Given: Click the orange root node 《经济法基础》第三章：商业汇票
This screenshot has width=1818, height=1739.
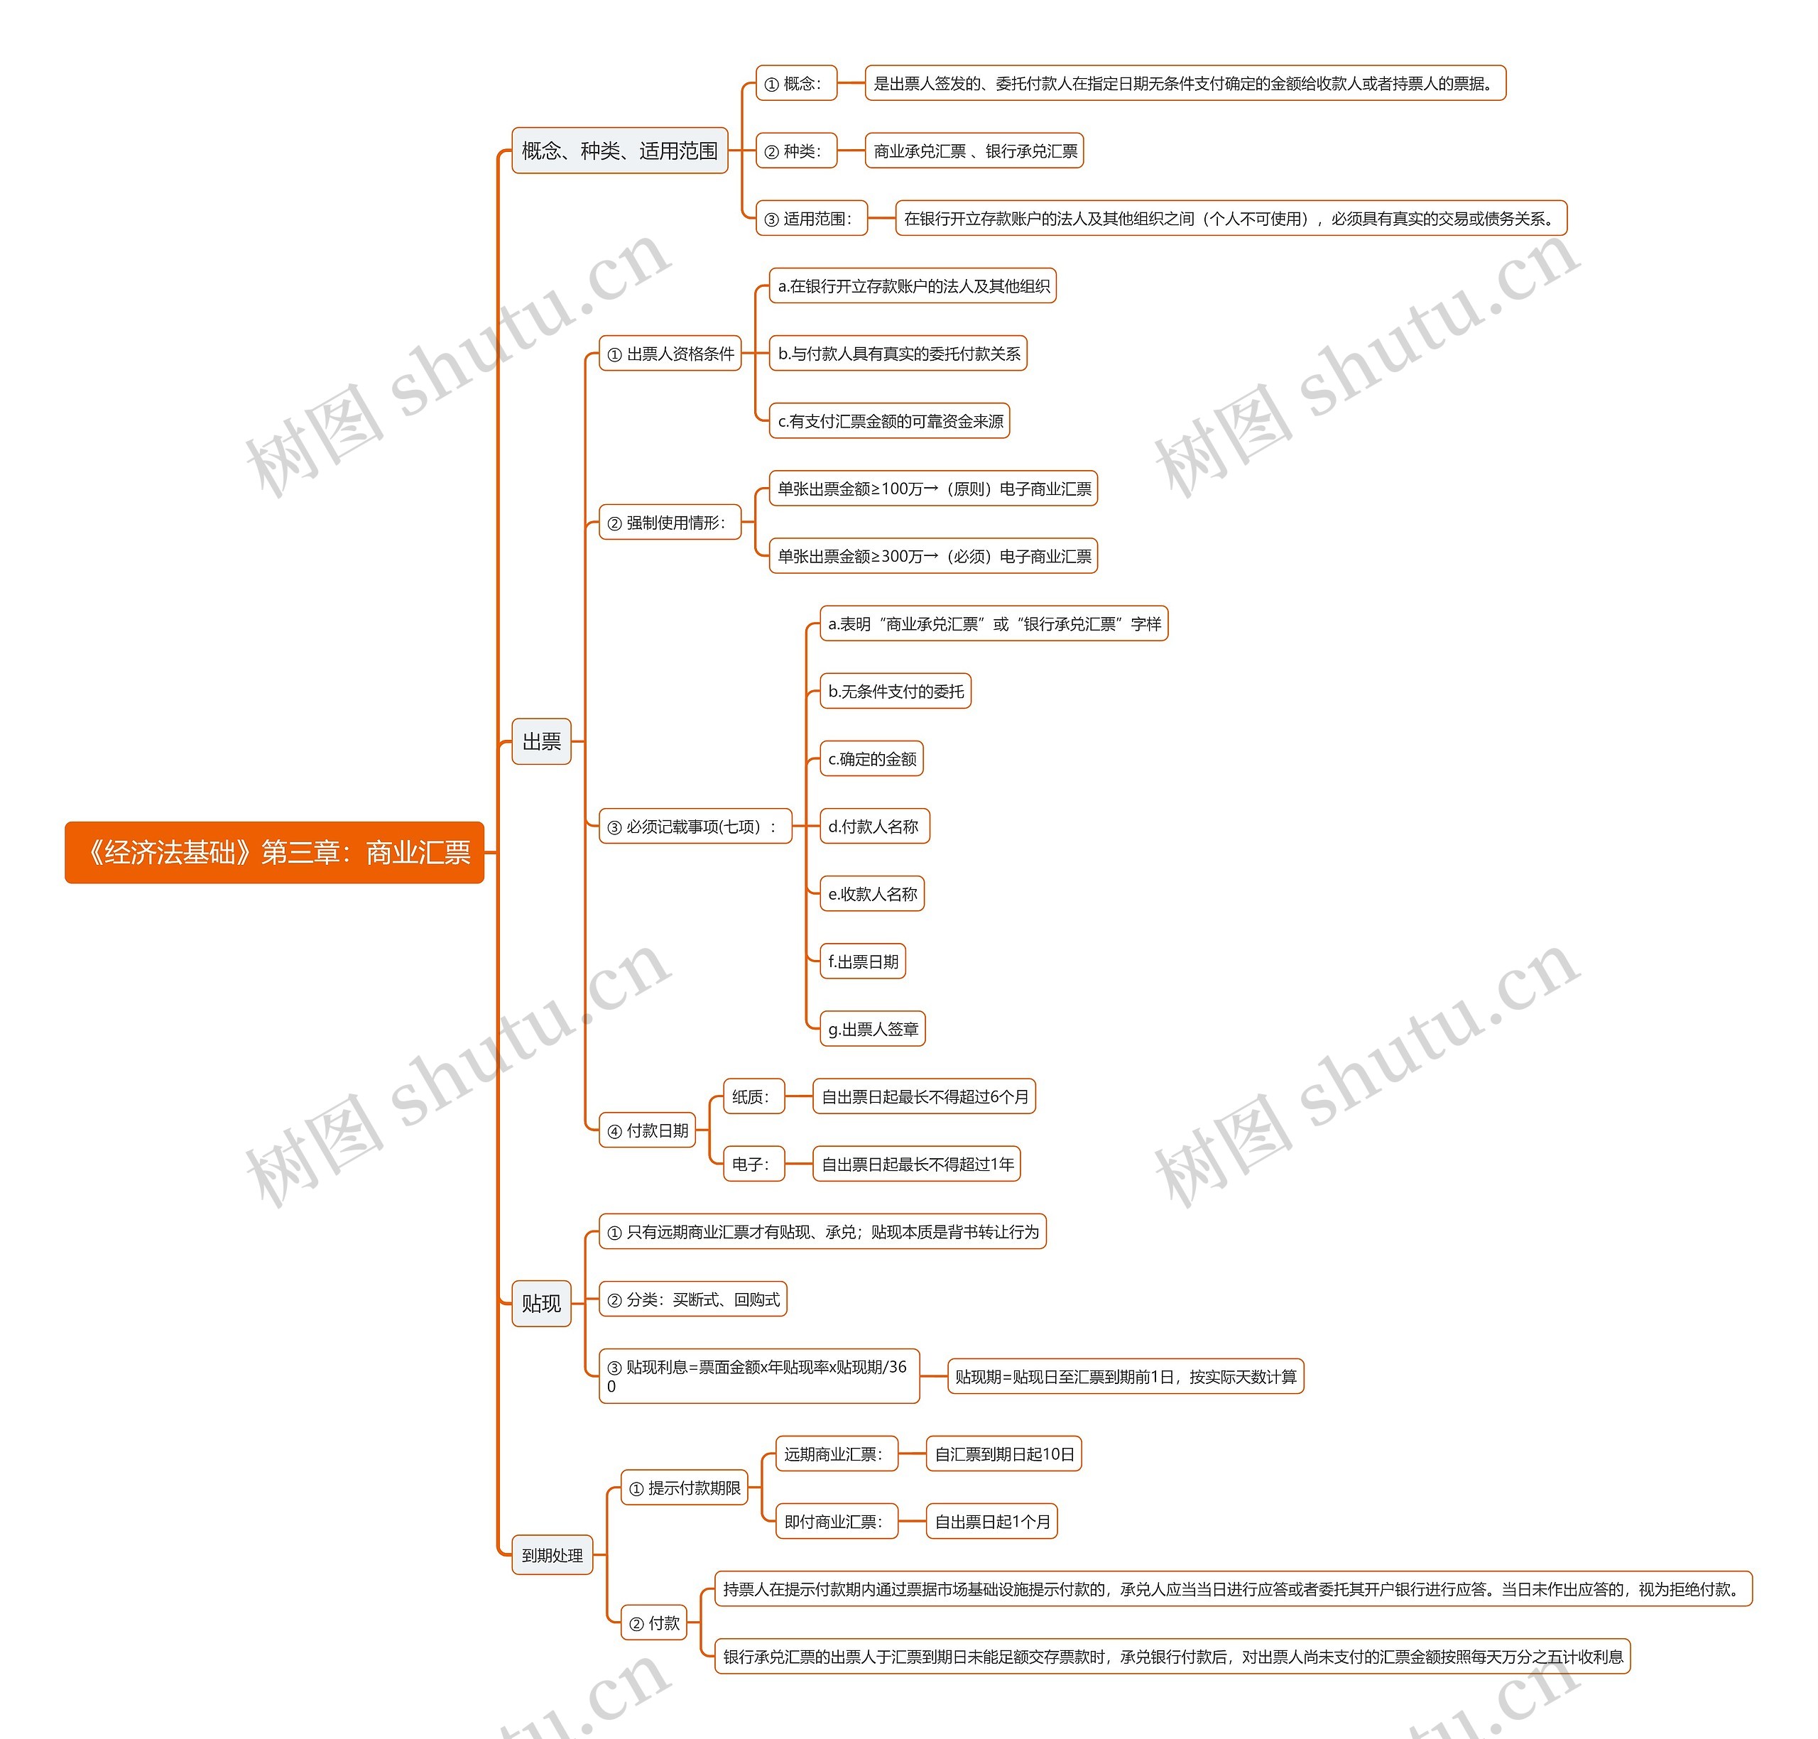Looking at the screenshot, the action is tap(274, 852).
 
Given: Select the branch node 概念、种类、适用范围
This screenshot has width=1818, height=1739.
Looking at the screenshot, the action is tap(619, 150).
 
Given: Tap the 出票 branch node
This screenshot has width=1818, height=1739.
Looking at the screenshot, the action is tap(541, 741).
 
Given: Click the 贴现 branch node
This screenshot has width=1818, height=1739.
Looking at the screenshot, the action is tap(541, 1303).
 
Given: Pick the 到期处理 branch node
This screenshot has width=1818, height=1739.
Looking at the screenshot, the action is tap(552, 1554).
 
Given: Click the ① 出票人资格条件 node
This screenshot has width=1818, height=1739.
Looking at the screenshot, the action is tap(670, 353).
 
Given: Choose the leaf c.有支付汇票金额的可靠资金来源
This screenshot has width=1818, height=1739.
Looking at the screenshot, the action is tap(889, 421).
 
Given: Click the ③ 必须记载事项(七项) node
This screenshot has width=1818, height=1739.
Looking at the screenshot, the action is tap(695, 826).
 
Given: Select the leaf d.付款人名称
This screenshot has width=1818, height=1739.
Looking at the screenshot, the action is tap(873, 826).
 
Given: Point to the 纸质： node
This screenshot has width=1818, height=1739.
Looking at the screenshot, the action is tap(753, 1096).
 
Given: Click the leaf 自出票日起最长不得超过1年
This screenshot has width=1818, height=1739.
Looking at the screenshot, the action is tap(916, 1165).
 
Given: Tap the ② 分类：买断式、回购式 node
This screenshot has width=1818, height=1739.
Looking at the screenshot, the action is tap(692, 1299).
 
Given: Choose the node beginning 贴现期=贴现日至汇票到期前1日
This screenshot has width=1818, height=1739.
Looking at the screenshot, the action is tap(1126, 1377).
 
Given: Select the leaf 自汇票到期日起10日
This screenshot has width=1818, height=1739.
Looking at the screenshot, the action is tap(1004, 1454).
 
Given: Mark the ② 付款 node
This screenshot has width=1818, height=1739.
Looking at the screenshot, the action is tap(655, 1623).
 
